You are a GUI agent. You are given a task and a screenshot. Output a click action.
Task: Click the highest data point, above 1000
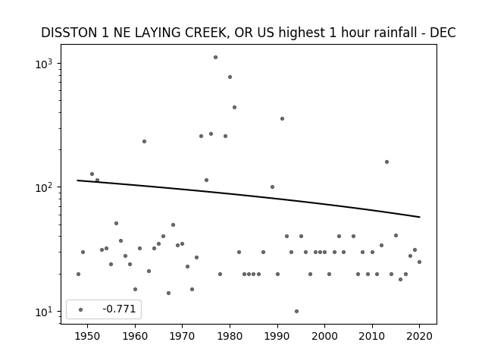[215, 58]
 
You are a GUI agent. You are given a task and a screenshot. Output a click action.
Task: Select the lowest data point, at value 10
[296, 312]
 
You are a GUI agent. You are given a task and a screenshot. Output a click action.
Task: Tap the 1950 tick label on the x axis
[88, 336]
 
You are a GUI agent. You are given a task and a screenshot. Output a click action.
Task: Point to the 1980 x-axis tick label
[230, 336]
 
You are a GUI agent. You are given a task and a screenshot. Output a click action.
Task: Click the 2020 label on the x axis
[419, 336]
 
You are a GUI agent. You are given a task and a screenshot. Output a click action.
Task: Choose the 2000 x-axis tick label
[324, 336]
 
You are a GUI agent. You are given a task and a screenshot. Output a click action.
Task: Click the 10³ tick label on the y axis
[44, 64]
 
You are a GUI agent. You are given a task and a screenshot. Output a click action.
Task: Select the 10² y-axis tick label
[44, 187]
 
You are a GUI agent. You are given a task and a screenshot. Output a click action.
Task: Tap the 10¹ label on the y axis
[44, 312]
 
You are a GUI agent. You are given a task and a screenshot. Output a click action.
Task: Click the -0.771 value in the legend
[119, 309]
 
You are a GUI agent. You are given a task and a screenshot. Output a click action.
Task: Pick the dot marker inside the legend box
[81, 309]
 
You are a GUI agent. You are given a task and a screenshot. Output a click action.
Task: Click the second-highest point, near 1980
[230, 77]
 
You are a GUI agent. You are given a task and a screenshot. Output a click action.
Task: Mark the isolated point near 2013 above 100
[386, 162]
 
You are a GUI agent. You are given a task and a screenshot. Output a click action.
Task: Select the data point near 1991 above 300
[282, 118]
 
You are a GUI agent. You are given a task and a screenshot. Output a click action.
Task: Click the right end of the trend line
[420, 217]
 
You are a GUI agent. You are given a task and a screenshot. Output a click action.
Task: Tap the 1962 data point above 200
[144, 142]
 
